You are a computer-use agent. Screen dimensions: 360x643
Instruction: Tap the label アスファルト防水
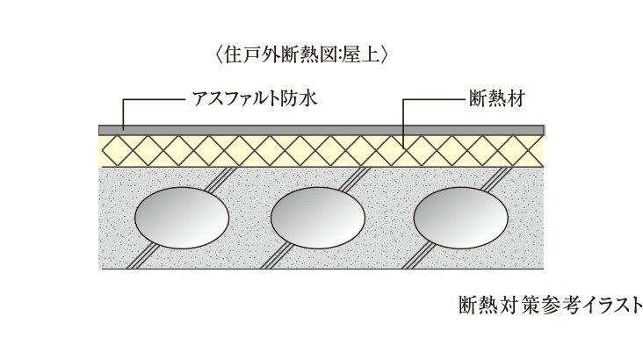click(x=254, y=99)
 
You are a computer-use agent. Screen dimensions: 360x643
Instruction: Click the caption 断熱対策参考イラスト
click(x=551, y=305)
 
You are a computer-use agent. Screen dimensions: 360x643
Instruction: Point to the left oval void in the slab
click(x=181, y=215)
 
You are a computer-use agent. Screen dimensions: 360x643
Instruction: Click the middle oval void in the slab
click(x=315, y=215)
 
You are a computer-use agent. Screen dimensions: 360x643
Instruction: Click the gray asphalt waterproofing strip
click(x=321, y=129)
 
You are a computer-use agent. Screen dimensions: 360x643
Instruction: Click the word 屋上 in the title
click(x=361, y=54)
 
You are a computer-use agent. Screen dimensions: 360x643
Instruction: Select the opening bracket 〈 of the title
click(x=218, y=54)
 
